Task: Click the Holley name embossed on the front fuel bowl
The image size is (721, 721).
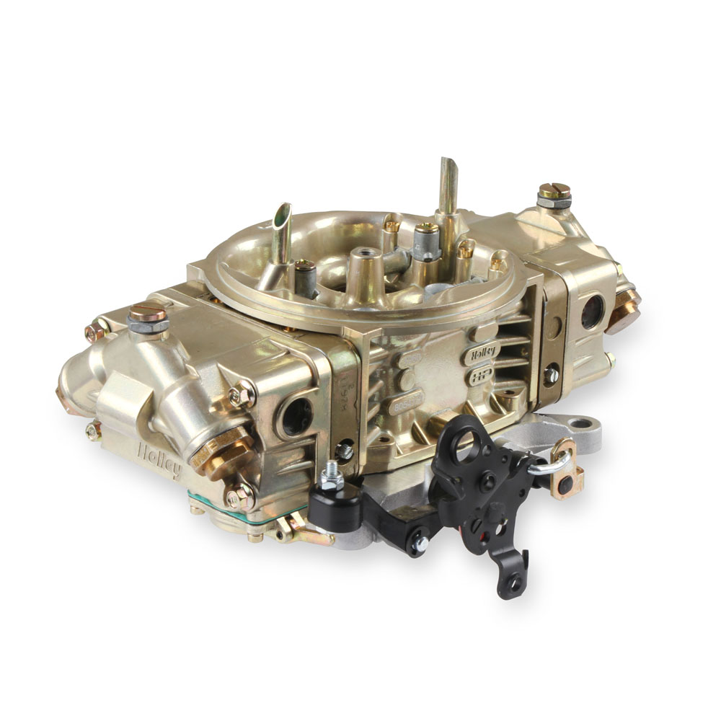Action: [x=159, y=459]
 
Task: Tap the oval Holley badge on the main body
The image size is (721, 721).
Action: [x=485, y=354]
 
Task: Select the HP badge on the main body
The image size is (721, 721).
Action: [x=481, y=376]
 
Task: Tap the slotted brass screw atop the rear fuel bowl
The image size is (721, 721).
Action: [x=554, y=192]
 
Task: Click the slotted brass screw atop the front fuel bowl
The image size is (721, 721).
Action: [x=148, y=314]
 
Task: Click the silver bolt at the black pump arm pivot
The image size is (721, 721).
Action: [x=419, y=544]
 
